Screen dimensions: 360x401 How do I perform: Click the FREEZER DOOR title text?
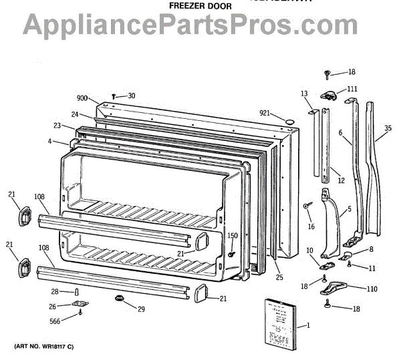coord(200,6)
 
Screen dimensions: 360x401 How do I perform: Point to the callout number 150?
coord(233,236)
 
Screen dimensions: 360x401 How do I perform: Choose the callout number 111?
coord(352,88)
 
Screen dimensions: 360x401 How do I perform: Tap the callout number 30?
coord(131,96)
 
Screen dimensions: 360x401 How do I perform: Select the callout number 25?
coord(279,277)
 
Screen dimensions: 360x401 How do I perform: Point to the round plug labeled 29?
coord(121,297)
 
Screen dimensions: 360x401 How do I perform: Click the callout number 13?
coord(304,94)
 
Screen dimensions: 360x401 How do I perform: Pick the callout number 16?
coord(311,226)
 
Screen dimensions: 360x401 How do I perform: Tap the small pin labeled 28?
coord(78,292)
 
